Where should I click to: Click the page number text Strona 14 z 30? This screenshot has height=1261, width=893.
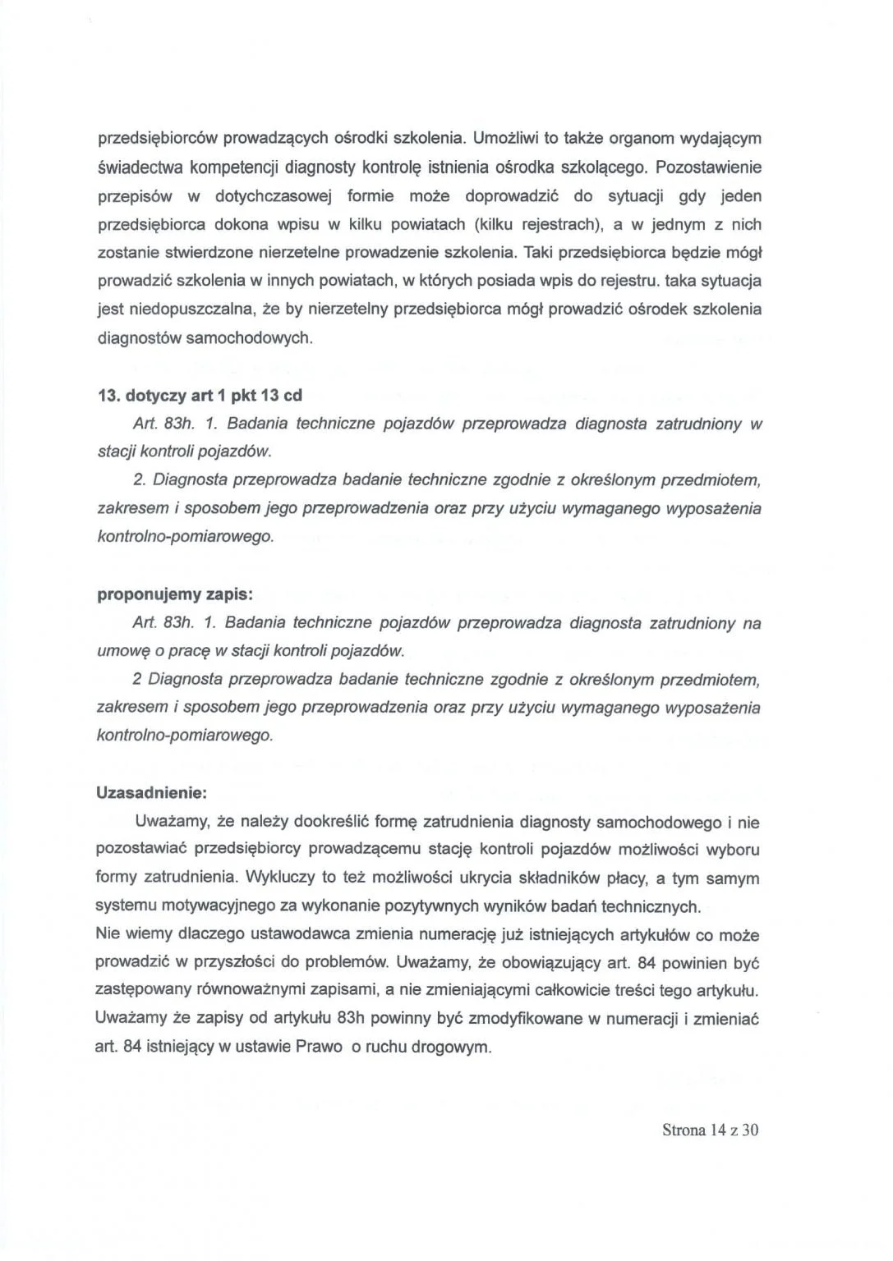pyautogui.click(x=710, y=1130)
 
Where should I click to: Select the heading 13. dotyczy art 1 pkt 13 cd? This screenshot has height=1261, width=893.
pyautogui.click(x=200, y=395)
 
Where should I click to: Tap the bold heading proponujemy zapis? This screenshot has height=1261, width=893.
pyautogui.click(x=175, y=594)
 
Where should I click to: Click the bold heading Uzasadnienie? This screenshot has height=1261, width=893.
pyautogui.click(x=152, y=793)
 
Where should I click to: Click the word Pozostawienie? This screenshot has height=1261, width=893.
pyautogui.click(x=708, y=167)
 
